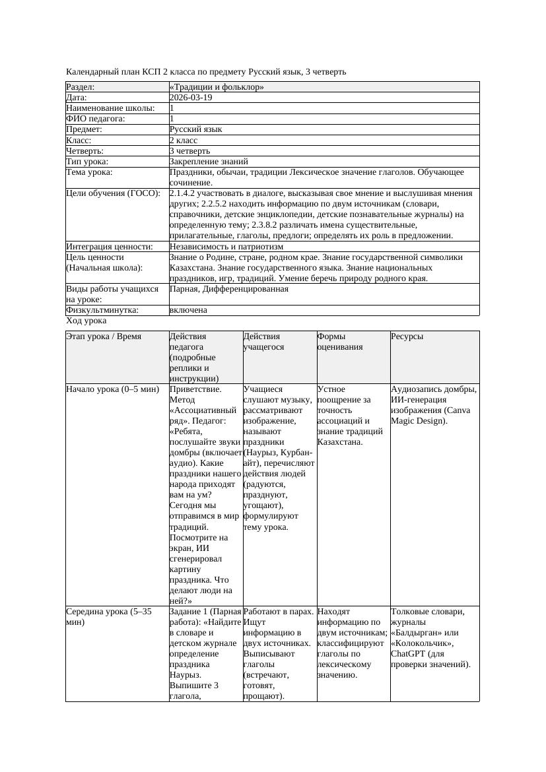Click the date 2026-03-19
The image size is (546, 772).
(x=191, y=98)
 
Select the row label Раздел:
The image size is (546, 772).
(x=81, y=86)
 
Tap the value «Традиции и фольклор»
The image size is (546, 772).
(x=217, y=86)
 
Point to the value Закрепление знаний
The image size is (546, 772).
(x=209, y=162)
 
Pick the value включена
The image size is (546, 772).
(x=188, y=310)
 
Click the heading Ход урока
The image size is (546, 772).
(x=86, y=321)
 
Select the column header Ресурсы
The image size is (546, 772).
(x=407, y=337)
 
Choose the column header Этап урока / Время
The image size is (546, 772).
(x=104, y=337)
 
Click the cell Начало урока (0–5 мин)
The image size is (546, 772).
(x=113, y=389)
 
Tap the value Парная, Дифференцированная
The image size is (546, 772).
(x=228, y=289)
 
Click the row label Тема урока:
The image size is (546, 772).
(x=90, y=172)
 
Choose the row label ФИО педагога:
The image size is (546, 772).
(x=96, y=119)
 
